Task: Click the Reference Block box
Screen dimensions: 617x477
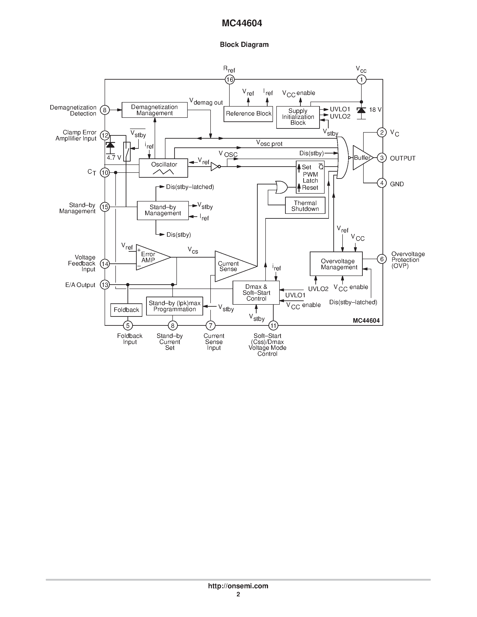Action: tap(248, 114)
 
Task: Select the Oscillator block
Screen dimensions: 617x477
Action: tap(163, 168)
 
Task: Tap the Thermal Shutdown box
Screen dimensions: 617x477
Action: tap(305, 206)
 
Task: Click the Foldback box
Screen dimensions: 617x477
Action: tap(126, 310)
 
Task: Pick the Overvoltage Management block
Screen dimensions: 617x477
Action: tap(336, 264)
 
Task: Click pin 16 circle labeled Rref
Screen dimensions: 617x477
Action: tap(229, 80)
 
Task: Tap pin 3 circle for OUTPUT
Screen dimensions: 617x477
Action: tap(381, 158)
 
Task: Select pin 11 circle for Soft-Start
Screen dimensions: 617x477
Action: tap(273, 326)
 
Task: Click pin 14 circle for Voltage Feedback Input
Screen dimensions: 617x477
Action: tap(105, 264)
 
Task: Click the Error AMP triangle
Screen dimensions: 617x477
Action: tap(150, 257)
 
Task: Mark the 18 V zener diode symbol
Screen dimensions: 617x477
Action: tap(361, 110)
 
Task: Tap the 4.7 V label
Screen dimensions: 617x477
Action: tap(114, 158)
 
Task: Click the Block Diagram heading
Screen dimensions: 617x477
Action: tap(244, 45)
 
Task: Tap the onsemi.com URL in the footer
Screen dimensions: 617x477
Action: tap(238, 586)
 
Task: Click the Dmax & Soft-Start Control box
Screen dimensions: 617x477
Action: tap(256, 293)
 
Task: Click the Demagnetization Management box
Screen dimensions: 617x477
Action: tap(154, 110)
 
